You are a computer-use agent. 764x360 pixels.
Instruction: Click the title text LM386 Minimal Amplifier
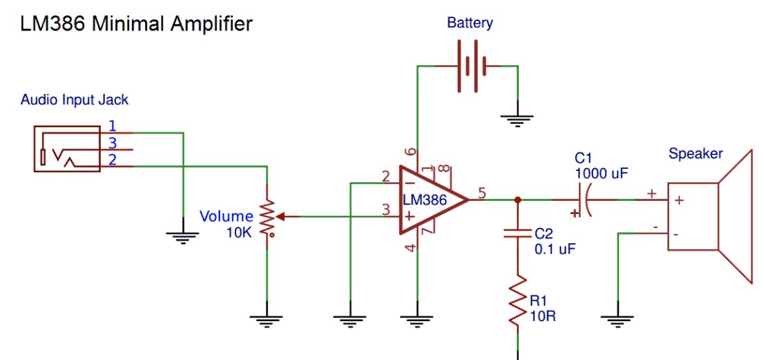[x=136, y=24]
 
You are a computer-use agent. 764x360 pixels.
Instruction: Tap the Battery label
[x=470, y=23]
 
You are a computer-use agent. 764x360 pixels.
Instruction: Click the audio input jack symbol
[x=66, y=148]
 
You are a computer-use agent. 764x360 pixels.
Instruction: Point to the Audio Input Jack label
[x=74, y=99]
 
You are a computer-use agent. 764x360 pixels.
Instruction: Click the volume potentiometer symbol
[x=267, y=217]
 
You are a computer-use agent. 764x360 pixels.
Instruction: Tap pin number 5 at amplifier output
[x=482, y=192]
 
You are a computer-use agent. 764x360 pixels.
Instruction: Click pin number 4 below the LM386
[x=410, y=248]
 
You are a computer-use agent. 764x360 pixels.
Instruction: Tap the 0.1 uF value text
[x=555, y=248]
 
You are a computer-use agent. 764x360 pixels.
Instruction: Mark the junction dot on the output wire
[x=517, y=200]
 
